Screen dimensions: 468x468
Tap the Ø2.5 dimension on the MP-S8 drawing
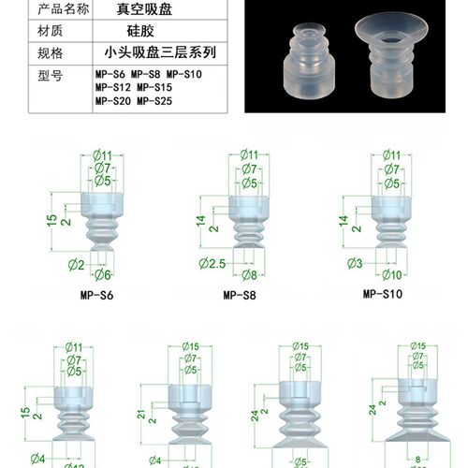tap(212, 266)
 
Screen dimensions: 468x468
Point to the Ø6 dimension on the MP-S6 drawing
tap(102, 274)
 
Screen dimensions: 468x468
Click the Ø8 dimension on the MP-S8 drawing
tap(248, 274)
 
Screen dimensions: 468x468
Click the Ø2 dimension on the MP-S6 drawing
tap(76, 265)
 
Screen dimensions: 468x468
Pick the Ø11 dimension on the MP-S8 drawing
tap(248, 154)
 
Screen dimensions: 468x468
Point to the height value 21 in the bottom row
tap(141, 414)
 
